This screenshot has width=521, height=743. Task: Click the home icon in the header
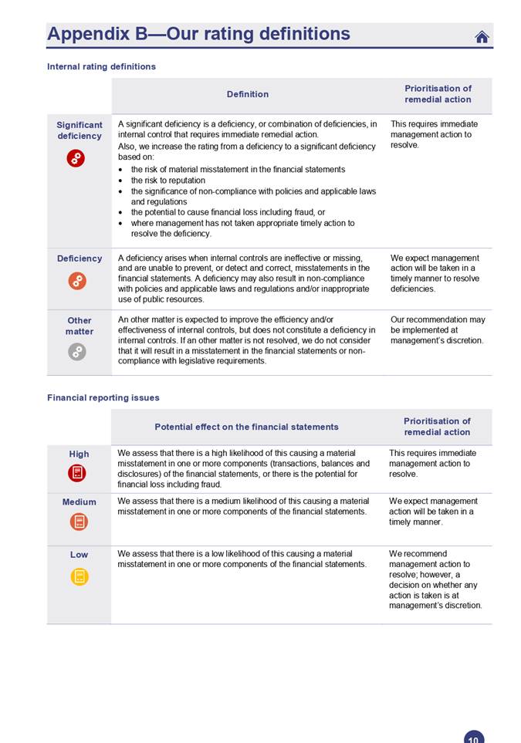[482, 36]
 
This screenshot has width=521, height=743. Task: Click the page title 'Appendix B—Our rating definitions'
[198, 34]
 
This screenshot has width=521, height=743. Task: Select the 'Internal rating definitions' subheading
[101, 66]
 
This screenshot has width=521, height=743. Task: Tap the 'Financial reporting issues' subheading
[103, 397]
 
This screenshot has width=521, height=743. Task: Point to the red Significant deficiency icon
[76, 158]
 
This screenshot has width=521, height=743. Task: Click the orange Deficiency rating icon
[77, 281]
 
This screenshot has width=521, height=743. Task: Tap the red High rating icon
[77, 473]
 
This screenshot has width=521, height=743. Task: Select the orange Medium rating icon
[79, 522]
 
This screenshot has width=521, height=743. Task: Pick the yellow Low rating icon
[79, 576]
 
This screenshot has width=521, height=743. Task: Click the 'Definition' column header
[248, 94]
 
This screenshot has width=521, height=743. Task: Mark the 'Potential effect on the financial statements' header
[246, 427]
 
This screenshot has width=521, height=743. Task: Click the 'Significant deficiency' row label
[80, 130]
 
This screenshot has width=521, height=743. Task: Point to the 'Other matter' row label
[80, 326]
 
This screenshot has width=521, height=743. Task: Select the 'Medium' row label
[80, 502]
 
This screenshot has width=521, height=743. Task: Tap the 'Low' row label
[79, 554]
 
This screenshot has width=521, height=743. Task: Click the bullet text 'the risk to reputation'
[168, 180]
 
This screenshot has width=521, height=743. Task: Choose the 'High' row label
[79, 454]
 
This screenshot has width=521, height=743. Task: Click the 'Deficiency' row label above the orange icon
[80, 258]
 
